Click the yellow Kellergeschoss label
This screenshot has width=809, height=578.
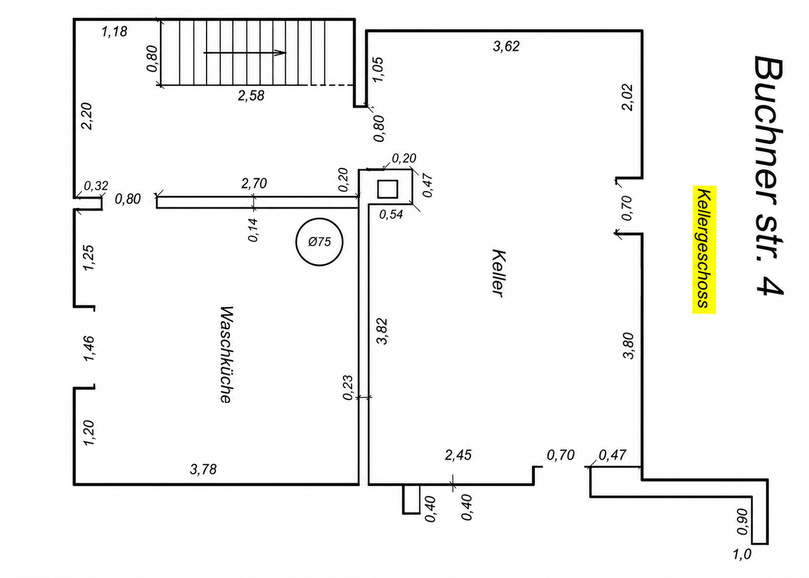pos(704,250)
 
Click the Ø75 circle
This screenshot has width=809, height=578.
pos(319,242)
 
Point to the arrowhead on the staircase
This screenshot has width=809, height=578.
pos(280,53)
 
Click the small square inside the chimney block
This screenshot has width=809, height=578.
pos(388,189)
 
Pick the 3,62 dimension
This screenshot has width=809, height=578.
pos(506,46)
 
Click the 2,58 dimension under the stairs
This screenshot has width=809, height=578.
pos(251,96)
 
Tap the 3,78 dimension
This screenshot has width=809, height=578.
pos(203,469)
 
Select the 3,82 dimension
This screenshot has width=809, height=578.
pos(382,332)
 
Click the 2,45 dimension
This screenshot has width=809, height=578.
pos(458,455)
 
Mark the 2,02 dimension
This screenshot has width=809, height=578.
pos(627,98)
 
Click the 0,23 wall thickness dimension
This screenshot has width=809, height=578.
pos(347,388)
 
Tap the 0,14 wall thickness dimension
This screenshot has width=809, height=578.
pos(253,230)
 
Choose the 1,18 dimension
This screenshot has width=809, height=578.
pos(114,32)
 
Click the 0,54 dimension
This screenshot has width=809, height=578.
pos(391,215)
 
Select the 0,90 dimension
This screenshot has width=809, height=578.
pos(742,522)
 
